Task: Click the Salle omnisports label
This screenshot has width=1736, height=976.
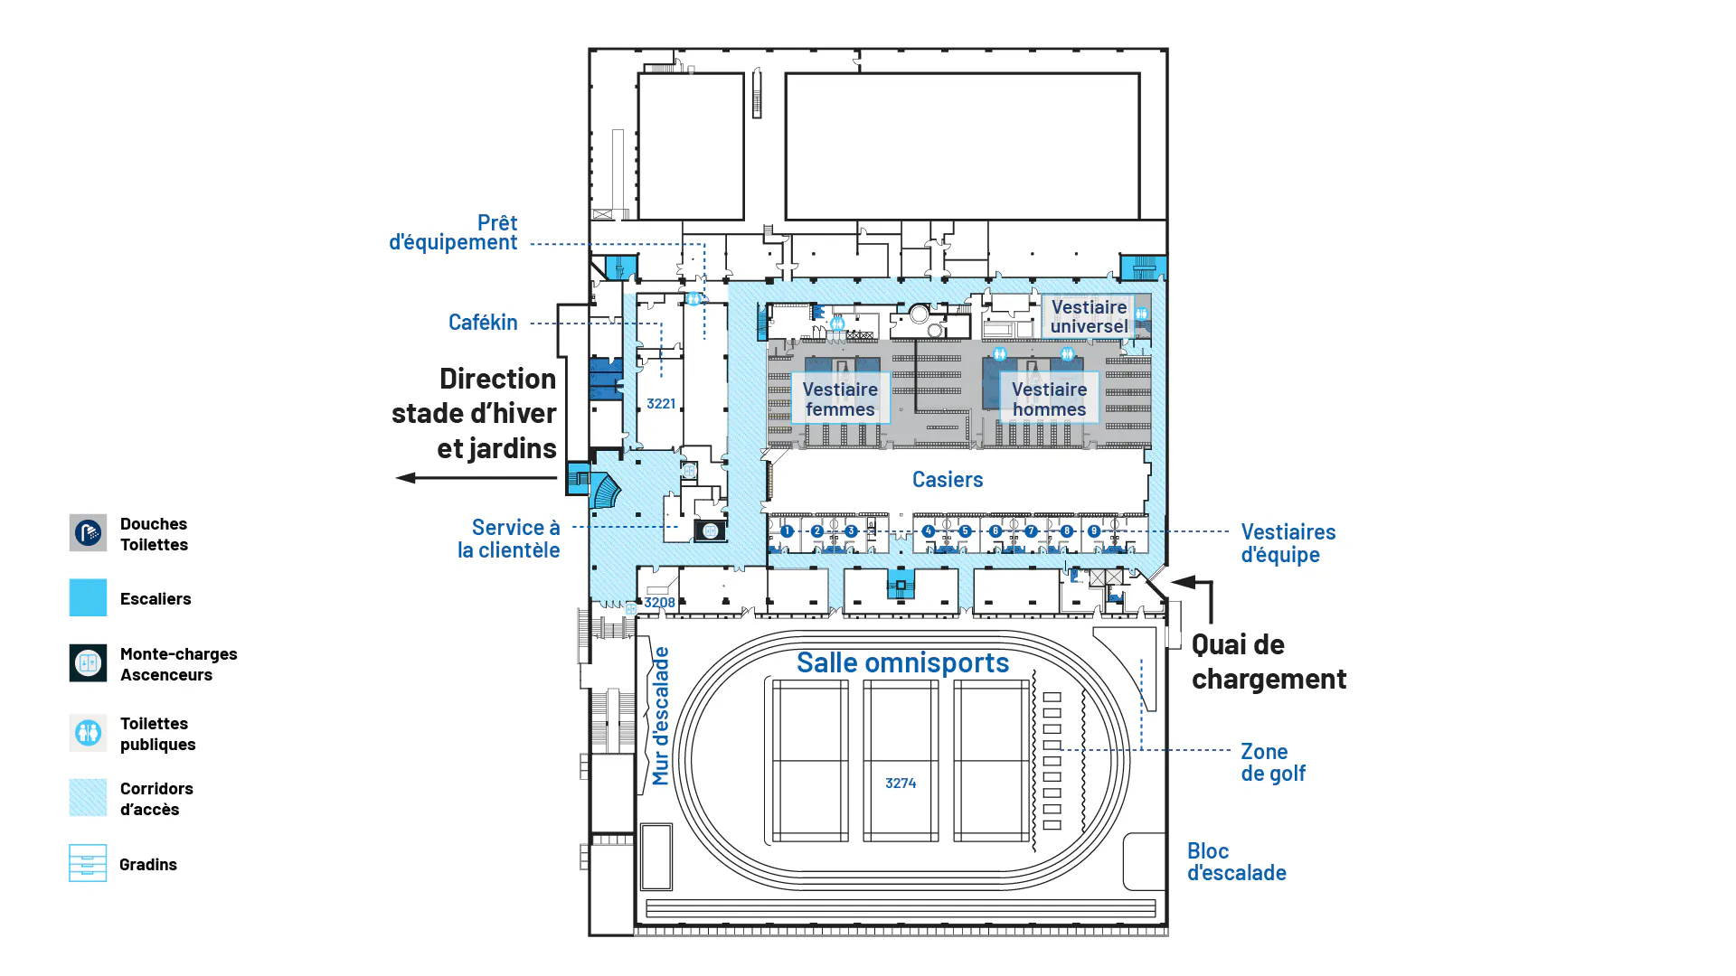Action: tap(902, 662)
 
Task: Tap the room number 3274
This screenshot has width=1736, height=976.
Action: tap(901, 784)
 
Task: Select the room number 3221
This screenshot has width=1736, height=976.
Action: tap(661, 404)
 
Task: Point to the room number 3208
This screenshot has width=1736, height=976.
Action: tap(659, 603)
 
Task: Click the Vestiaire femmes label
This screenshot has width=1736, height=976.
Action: tap(840, 399)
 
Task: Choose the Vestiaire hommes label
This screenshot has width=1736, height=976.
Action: tap(1049, 399)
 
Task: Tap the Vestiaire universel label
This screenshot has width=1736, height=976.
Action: tap(1089, 316)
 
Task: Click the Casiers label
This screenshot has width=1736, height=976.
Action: tap(947, 480)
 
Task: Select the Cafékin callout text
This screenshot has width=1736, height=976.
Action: tap(483, 323)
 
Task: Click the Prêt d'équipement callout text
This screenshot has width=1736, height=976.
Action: tap(453, 232)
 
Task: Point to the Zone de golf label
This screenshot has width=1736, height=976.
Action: tap(1272, 762)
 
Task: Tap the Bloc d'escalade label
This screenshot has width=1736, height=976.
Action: tap(1236, 862)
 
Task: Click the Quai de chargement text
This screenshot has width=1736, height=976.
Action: tap(1269, 662)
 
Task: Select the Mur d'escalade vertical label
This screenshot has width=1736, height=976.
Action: tap(661, 716)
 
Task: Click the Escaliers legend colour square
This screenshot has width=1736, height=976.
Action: tap(88, 598)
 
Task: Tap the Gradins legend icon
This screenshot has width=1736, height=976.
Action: tap(88, 863)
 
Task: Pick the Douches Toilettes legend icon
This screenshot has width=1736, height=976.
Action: tap(88, 533)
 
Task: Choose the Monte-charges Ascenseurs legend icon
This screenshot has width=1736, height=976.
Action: tap(88, 663)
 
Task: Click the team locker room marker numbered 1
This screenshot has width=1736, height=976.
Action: tap(787, 531)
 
